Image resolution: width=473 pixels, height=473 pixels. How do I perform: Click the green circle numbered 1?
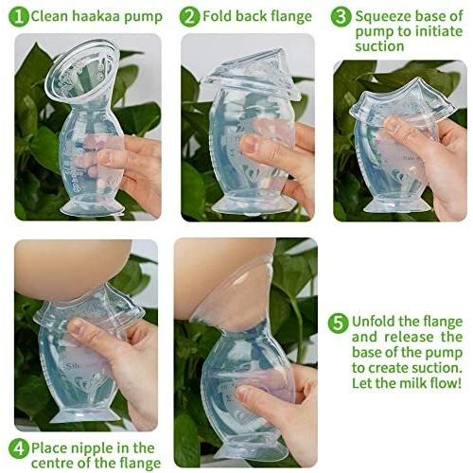(x=19, y=17)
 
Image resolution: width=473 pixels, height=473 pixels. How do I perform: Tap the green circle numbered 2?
(x=190, y=17)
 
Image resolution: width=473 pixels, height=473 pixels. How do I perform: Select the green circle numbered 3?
(x=342, y=17)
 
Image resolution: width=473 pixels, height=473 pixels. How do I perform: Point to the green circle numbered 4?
(x=19, y=448)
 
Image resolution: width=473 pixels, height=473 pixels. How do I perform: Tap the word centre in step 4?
(x=52, y=464)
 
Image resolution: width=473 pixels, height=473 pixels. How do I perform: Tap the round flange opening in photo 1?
(x=82, y=68)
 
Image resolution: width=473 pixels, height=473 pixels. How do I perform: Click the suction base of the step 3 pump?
(x=397, y=204)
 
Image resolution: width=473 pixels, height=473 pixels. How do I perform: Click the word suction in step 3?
(x=379, y=46)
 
